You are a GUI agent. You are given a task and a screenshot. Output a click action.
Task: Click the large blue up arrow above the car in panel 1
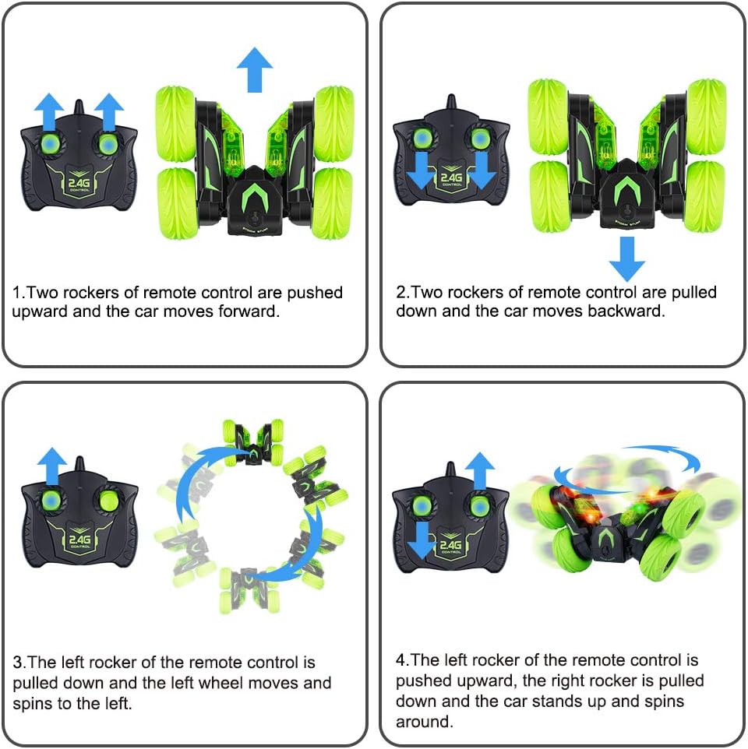click(254, 70)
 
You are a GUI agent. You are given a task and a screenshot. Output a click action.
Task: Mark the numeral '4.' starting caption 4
click(402, 660)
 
